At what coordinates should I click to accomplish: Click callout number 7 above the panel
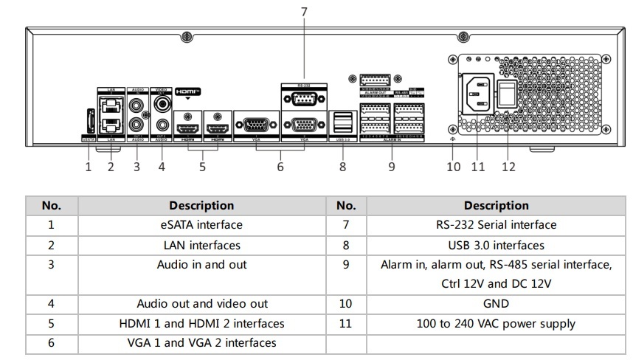[304, 12]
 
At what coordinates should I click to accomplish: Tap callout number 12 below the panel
[508, 167]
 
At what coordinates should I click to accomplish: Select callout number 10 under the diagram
[454, 167]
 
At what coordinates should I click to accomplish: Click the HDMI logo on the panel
[187, 91]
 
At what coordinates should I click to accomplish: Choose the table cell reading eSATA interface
[201, 225]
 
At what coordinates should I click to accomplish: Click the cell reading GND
[496, 304]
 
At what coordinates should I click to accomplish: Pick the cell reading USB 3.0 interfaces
[496, 245]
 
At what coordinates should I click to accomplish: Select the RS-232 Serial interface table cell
[496, 225]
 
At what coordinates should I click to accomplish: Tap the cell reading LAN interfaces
[201, 245]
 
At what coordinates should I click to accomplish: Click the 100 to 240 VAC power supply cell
[496, 324]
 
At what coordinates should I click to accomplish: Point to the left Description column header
[201, 206]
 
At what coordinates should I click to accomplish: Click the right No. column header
[346, 206]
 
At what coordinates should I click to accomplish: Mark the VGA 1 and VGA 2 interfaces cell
[201, 343]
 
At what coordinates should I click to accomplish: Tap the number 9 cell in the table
[346, 265]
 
